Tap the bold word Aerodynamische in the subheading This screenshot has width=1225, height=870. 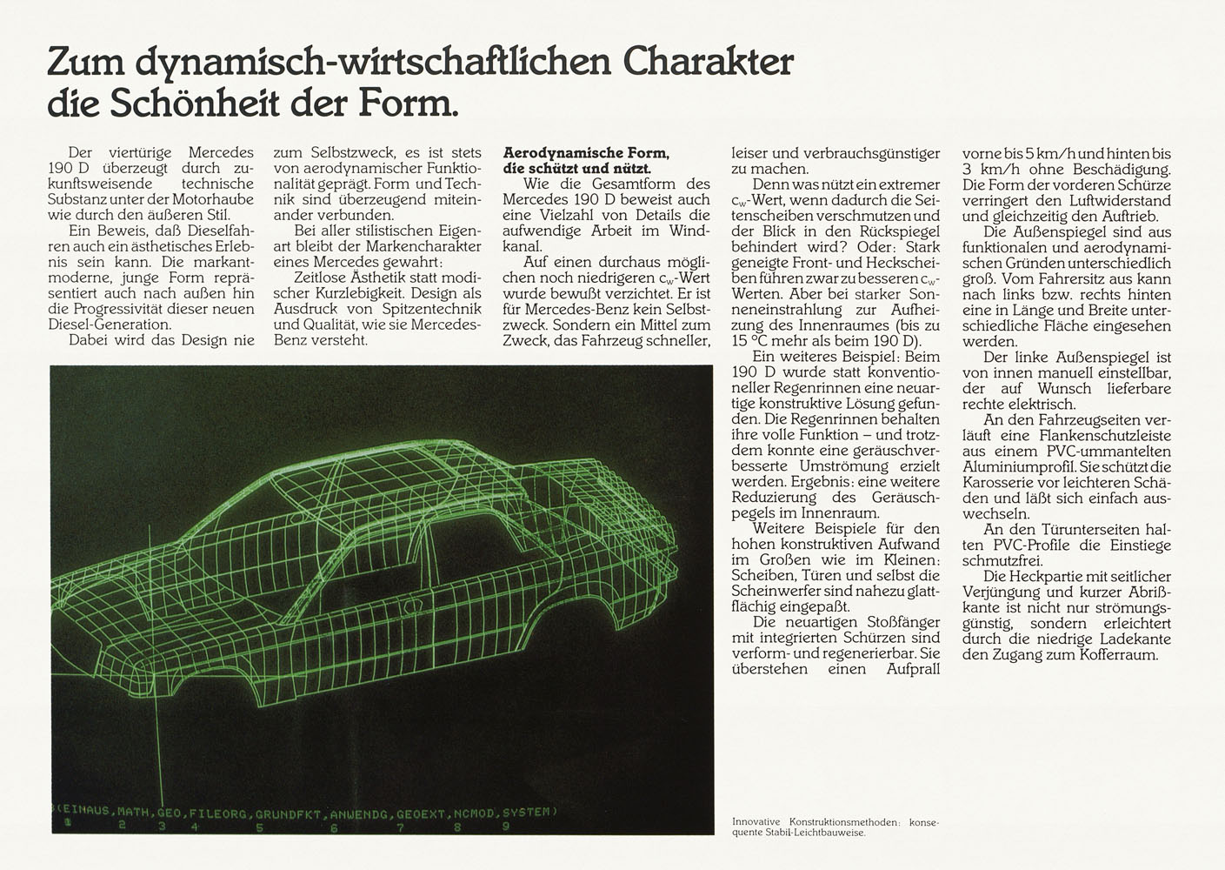pos(552,152)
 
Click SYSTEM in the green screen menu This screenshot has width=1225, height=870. pos(527,813)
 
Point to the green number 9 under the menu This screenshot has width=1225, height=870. pos(505,828)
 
